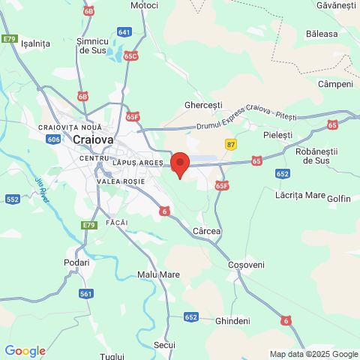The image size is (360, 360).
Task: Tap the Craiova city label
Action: (93, 139)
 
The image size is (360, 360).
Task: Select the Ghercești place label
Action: (205, 106)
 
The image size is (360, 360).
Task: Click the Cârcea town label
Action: (206, 231)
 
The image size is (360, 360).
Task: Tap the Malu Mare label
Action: (158, 274)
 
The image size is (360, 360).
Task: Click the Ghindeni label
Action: (232, 320)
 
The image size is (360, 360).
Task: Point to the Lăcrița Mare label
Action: (299, 195)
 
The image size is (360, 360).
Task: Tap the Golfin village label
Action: (339, 199)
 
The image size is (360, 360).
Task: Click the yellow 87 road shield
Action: (230, 144)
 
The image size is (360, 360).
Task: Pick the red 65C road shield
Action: (131, 55)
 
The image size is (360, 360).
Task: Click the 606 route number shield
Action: (52, 139)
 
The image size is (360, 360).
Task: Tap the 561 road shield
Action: (85, 293)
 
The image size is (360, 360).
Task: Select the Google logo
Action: (25, 351)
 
